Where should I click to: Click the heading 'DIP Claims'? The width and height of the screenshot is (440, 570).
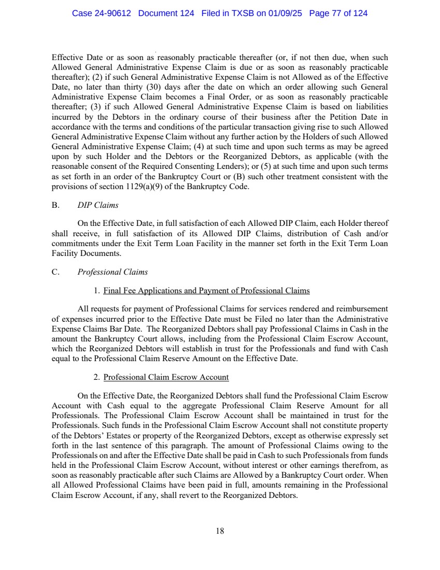tap(101, 205)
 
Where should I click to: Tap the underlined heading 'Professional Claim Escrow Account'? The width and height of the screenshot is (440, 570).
tap(166, 377)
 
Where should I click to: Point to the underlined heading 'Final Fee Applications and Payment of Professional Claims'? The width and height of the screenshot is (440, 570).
tap(206, 290)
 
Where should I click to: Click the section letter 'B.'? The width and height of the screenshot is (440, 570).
tap(56, 205)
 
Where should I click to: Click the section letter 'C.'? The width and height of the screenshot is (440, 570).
tap(56, 272)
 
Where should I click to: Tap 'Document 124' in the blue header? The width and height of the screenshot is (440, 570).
tap(166, 13)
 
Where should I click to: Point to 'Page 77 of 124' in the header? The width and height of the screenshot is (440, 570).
tap(338, 13)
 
